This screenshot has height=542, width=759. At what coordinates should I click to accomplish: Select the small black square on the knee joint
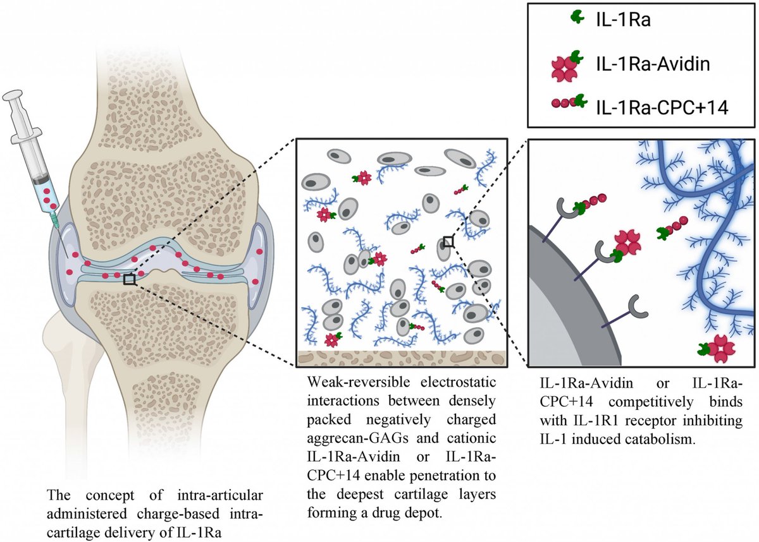point(130,279)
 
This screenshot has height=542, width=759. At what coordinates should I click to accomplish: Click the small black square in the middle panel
point(448,241)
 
